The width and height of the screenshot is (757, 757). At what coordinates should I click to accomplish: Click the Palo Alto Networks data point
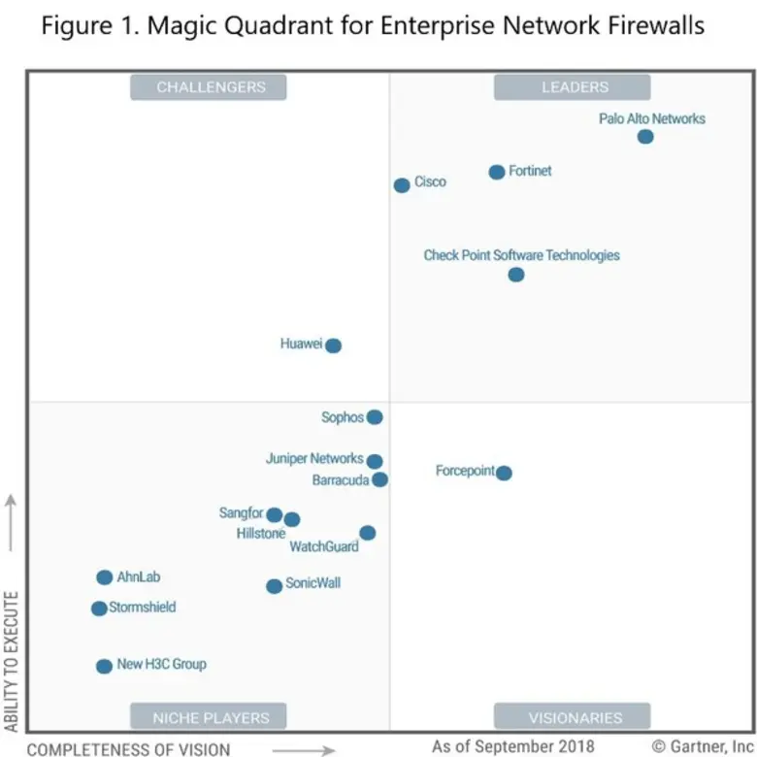(x=645, y=137)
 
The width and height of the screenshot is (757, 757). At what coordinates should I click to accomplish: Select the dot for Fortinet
(x=497, y=172)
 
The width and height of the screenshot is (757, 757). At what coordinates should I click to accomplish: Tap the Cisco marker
(x=402, y=185)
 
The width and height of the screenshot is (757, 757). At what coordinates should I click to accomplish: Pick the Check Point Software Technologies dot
(x=516, y=275)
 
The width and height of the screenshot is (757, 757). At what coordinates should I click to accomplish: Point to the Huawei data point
(x=334, y=346)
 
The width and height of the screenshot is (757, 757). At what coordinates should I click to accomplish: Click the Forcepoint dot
(x=504, y=473)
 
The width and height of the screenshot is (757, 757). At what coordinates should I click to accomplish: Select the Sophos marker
(x=375, y=417)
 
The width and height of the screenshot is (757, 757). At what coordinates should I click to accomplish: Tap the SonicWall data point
(x=275, y=586)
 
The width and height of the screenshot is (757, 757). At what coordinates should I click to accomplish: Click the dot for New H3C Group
(x=104, y=666)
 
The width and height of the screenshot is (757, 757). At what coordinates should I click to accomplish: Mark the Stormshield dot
(x=99, y=609)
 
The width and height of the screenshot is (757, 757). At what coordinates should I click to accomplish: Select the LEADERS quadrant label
(x=575, y=87)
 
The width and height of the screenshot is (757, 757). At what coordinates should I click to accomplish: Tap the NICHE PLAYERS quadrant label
(x=211, y=718)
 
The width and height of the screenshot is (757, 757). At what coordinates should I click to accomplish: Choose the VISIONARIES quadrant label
(x=575, y=718)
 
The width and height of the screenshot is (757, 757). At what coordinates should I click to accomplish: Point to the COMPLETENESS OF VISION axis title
(x=129, y=749)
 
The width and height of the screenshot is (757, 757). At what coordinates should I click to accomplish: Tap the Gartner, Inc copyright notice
(x=703, y=746)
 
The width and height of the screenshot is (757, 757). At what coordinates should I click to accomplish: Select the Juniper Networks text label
(x=314, y=459)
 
